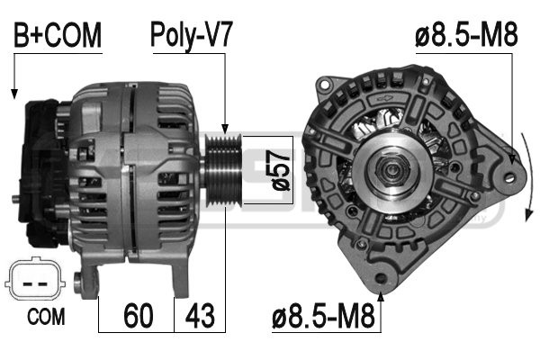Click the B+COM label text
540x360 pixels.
(58, 35)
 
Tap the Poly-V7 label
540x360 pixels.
(192, 35)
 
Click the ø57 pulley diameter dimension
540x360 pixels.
(280, 170)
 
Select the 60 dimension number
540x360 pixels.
(138, 316)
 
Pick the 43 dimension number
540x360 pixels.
(200, 316)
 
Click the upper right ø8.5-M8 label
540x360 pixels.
(466, 35)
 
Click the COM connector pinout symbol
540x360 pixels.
(35, 279)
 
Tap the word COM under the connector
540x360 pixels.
(46, 317)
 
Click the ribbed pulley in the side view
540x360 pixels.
(222, 171)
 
